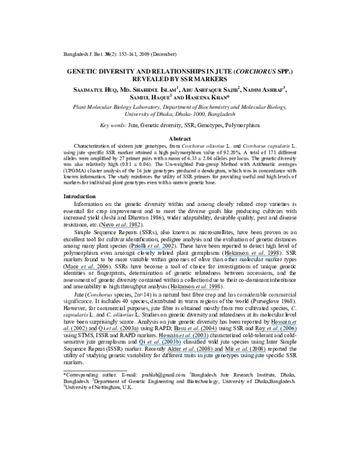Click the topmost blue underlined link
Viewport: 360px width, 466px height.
tap(121, 228)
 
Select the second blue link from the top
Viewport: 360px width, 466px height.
tap(152, 249)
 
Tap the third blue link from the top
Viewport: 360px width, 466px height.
tap(251, 256)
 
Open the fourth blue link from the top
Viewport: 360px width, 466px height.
tap(87, 270)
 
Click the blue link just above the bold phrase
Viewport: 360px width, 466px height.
tap(195, 290)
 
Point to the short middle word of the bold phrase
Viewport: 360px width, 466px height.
tap(263, 295)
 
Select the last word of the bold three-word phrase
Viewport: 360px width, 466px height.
tap(281, 295)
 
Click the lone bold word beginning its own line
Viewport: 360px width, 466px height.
tap(77, 301)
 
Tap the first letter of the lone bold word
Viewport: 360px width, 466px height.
tap(64, 301)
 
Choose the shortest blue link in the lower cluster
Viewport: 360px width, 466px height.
tap(284, 325)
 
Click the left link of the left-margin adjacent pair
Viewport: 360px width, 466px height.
tap(80, 331)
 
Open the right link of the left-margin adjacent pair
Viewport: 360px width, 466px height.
tap(119, 331)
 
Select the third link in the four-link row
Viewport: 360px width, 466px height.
tap(195, 331)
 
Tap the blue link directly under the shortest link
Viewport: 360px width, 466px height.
tap(276, 331)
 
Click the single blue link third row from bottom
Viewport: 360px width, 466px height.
tap(184, 338)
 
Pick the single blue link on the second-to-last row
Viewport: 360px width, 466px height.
tap(160, 345)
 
